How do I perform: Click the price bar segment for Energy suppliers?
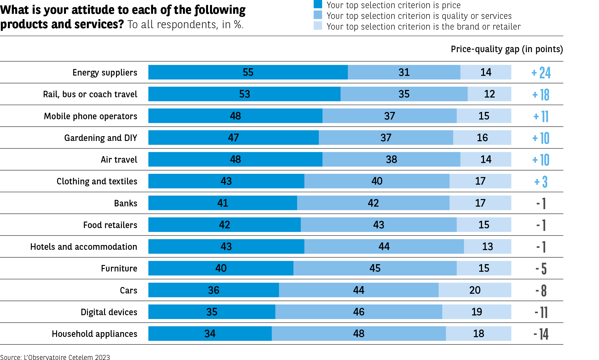(248, 72)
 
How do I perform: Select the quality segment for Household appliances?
(359, 334)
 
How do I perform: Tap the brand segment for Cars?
(475, 290)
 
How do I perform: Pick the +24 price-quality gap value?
(541, 73)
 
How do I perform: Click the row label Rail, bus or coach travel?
(90, 94)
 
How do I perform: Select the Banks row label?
(125, 203)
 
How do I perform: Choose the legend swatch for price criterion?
(318, 4)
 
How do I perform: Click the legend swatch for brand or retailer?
(318, 26)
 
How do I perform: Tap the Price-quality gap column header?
(507, 49)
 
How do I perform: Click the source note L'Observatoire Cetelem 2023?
(55, 357)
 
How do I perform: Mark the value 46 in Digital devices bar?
(359, 312)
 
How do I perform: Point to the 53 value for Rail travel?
(244, 94)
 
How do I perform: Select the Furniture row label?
(119, 268)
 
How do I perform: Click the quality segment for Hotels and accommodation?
(384, 247)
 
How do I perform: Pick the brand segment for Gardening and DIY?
(482, 138)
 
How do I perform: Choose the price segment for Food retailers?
(224, 225)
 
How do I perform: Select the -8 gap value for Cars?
(541, 291)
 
